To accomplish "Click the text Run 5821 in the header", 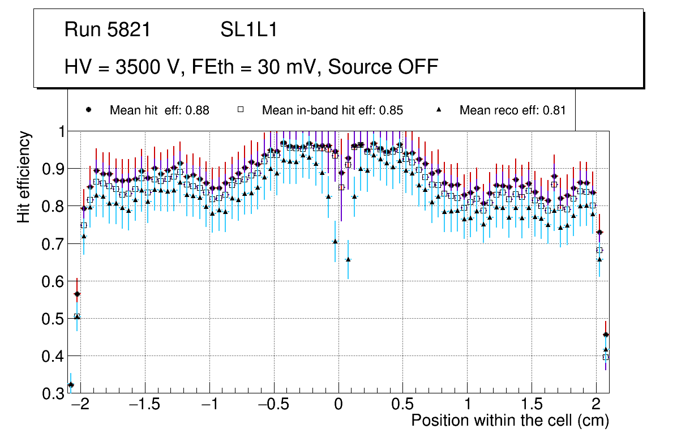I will point(108,30).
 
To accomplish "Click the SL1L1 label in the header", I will point(248,30).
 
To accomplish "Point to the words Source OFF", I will point(383,67).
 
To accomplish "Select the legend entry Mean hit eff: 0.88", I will point(159,110).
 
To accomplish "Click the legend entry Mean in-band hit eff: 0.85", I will point(332,110).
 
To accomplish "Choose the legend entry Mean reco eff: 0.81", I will point(512,110).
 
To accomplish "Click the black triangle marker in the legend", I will point(439,110).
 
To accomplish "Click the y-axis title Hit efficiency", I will point(24,177).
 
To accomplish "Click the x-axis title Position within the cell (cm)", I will point(510,421).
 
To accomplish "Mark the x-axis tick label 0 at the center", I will point(338,405).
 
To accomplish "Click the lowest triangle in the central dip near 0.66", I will point(348,259).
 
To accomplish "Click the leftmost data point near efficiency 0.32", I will point(71,385).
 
